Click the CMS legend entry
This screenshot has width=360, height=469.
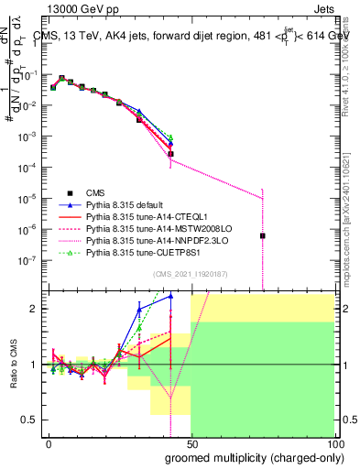[x=96, y=192]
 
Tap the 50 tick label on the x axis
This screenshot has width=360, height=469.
[x=191, y=443]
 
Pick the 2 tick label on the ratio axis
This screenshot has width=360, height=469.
[x=33, y=309]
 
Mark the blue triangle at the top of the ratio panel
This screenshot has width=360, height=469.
[x=170, y=296]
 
